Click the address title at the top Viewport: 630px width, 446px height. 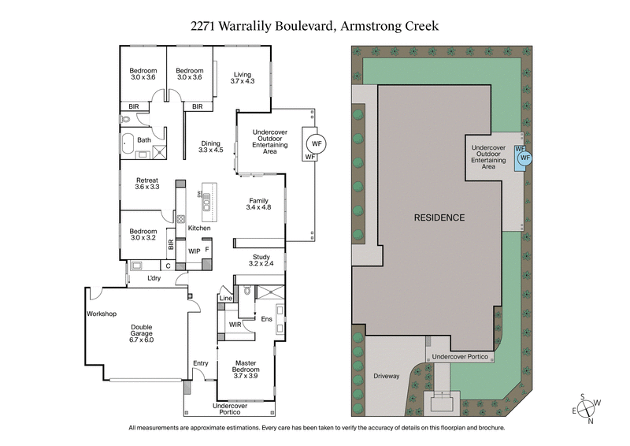314,25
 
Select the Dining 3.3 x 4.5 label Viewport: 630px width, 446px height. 211,146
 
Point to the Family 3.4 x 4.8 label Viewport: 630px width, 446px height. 259,204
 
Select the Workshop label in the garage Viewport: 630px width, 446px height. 102,314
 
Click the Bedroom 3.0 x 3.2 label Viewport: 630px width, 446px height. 143,234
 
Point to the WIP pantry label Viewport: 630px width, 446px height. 194,251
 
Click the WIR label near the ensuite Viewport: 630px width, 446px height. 235,324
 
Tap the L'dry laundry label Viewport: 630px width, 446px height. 154,278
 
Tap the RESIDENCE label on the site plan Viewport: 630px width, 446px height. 439,217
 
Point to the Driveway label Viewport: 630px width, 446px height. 387,376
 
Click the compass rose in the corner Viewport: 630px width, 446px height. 586,408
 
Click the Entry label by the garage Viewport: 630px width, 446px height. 201,362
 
